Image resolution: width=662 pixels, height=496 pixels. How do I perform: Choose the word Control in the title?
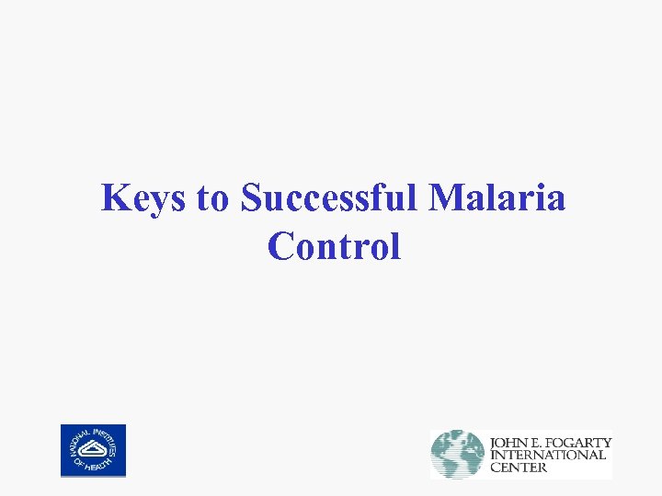tap(334, 246)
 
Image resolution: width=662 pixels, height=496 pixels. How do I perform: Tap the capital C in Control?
tap(280, 246)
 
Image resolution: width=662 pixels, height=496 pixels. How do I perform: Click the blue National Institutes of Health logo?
tap(93, 450)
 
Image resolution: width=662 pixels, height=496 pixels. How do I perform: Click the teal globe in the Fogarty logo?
tap(458, 454)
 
